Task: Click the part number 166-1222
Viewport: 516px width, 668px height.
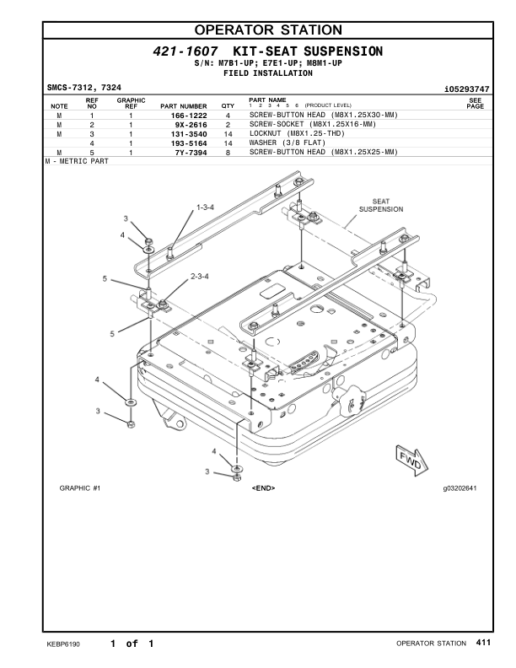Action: pos(189,115)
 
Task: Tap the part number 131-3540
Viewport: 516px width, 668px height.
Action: pos(189,134)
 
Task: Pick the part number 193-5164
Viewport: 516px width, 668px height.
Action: pos(189,143)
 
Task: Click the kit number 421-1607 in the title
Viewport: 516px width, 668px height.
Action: pos(179,52)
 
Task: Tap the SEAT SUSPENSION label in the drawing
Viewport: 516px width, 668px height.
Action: pos(381,205)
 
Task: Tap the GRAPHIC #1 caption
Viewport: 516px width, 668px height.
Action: pos(80,488)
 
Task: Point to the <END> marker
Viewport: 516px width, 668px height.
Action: pos(263,488)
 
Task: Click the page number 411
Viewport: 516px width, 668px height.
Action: pos(483,644)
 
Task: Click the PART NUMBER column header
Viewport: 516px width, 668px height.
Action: pos(183,106)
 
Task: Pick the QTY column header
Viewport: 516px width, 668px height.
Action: pos(228,106)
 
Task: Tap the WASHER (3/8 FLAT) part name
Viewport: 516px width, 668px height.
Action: pos(286,143)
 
